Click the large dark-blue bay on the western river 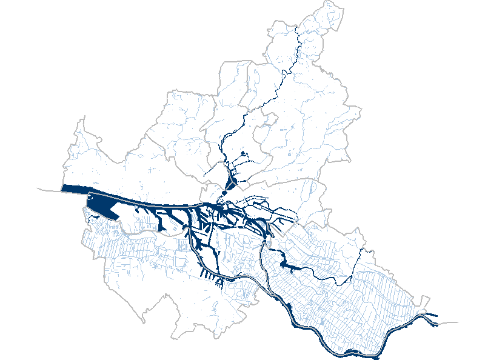coord(103,207)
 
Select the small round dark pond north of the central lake coord(243,154)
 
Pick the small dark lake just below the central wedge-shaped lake coord(224,193)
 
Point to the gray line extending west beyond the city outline coord(48,189)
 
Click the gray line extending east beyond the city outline coord(449,323)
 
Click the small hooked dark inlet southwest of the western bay coord(93,216)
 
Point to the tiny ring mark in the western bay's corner coord(89,197)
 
